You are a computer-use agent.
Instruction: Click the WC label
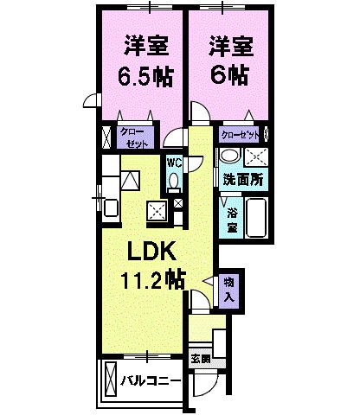pos(173,162)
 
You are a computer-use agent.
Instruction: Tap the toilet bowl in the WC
pos(173,180)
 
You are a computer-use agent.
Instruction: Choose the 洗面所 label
pos(242,181)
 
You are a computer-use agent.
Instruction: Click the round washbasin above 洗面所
pos(229,156)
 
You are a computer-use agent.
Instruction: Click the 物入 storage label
pos(229,289)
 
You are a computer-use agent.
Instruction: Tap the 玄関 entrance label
pos(200,357)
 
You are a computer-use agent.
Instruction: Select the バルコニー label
pos(151,380)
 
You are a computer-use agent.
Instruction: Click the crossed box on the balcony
pos(110,379)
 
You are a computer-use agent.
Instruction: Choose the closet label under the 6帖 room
pos(240,136)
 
